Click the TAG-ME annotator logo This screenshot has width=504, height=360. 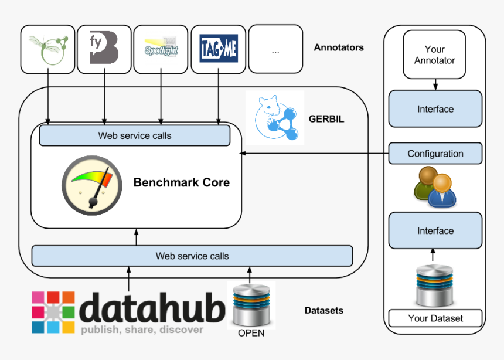pos(219,49)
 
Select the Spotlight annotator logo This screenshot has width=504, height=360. pos(161,49)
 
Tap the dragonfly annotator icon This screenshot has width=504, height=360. pos(48,49)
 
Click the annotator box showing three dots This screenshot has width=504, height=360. pos(275,50)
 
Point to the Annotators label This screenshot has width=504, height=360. pos(339,47)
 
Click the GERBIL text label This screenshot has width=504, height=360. pos(326,119)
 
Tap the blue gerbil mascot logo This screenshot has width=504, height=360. pos(275,118)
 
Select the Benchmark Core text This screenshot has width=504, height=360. pos(182,182)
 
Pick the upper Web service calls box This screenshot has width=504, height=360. pos(135,135)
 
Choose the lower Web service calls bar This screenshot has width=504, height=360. pos(192,256)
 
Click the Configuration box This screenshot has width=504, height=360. pos(435,154)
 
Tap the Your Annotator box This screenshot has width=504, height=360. pos(434,55)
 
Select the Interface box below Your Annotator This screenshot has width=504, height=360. pos(435,109)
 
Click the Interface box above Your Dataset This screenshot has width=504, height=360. pos(435,231)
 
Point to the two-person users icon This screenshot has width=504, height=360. pos(434,186)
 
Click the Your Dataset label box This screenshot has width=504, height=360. pos(435,318)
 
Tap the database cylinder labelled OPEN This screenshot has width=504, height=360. pos(251,305)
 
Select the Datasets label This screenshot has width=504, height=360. pos(324,310)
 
